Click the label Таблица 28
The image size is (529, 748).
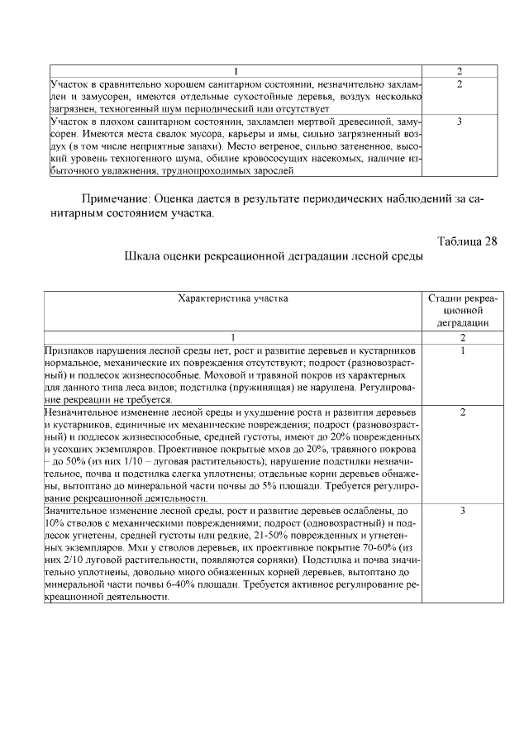coord(467,241)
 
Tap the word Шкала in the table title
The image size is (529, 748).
coord(142,256)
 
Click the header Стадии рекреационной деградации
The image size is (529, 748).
coord(462,310)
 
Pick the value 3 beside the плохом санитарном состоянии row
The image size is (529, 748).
coord(459,121)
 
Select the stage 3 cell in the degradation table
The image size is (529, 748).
coord(462,512)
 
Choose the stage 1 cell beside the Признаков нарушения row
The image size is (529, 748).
coord(462,350)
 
